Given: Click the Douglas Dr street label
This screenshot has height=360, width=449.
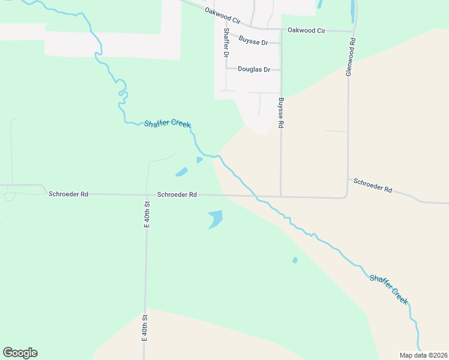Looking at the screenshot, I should [254, 69].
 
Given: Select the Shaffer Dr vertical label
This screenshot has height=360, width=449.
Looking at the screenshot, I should [226, 43].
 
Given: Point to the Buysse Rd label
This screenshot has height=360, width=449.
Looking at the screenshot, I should [280, 113].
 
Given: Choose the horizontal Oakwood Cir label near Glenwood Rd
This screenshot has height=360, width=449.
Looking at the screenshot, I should [306, 30].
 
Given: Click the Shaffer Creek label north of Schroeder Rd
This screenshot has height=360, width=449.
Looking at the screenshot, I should [167, 124].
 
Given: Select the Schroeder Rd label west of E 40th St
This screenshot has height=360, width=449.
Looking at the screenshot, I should [68, 194].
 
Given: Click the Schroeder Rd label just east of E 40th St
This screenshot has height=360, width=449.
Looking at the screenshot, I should [177, 194].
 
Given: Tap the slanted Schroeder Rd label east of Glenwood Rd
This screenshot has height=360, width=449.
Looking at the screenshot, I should [373, 185].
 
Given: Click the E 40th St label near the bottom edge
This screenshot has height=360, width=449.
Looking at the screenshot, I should [145, 328].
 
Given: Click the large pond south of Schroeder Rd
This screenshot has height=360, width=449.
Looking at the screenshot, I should [215, 219].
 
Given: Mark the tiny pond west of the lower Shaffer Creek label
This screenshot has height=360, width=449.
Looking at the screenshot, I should [295, 260].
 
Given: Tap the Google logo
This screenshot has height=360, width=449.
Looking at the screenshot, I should [20, 353].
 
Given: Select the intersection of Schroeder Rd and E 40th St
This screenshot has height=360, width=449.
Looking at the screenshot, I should [146, 194].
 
